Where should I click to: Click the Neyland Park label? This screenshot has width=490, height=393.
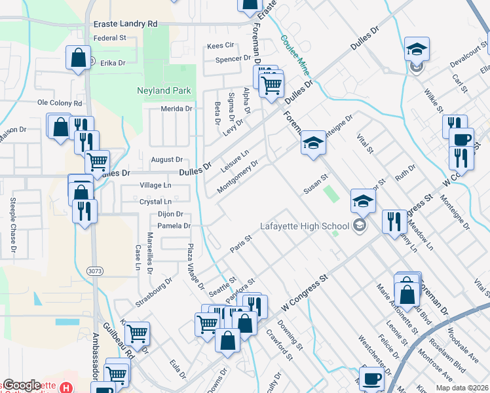pyautogui.click(x=163, y=90)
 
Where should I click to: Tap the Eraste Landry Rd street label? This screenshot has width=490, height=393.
pyautogui.click(x=126, y=24)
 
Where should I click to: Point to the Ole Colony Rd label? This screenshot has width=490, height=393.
pyautogui.click(x=60, y=103)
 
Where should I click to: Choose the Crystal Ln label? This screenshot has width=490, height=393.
pyautogui.click(x=155, y=202)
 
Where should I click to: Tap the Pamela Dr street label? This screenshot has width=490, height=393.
pyautogui.click(x=174, y=226)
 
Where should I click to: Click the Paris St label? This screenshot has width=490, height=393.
pyautogui.click(x=240, y=244)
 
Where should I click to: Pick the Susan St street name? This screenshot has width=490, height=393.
pyautogui.click(x=315, y=185)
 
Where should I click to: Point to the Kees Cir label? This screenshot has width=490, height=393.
pyautogui.click(x=220, y=45)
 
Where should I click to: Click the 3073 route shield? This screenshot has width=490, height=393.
pyautogui.click(x=95, y=269)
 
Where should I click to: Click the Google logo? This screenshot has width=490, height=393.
pyautogui.click(x=22, y=385)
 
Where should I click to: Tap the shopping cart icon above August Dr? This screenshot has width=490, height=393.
pyautogui.click(x=97, y=161)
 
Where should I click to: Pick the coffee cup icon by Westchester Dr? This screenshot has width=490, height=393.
pyautogui.click(x=371, y=378)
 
